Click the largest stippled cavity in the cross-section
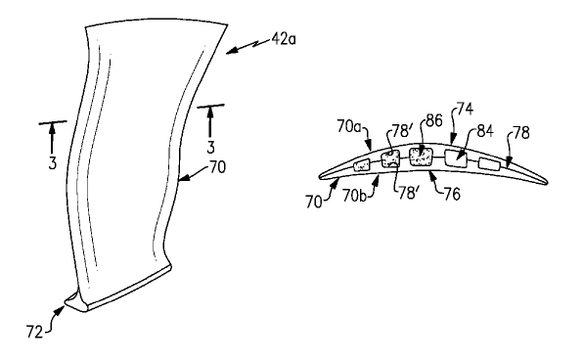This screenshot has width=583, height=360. click(422, 157)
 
